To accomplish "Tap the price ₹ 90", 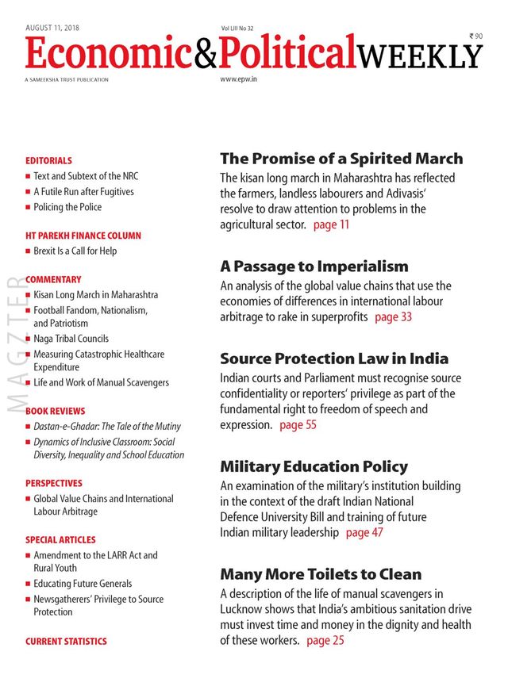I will [x=475, y=36].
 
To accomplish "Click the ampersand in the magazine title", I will [x=199, y=54].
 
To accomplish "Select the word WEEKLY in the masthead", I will [x=420, y=56].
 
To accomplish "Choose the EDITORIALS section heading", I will [x=48, y=160].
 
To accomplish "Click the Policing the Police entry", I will [x=67, y=207].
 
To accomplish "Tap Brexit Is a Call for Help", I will [x=75, y=251].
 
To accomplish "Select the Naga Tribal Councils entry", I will [x=71, y=339].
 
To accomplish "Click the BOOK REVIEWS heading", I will [x=55, y=412].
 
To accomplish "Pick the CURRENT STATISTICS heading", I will [x=66, y=641].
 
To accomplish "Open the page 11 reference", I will [x=331, y=225].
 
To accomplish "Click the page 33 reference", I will [x=393, y=317].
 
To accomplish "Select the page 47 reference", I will [x=364, y=533].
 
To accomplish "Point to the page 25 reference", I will [x=325, y=640].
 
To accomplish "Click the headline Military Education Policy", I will [x=314, y=466].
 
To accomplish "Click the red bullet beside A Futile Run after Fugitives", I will [x=28, y=192].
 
